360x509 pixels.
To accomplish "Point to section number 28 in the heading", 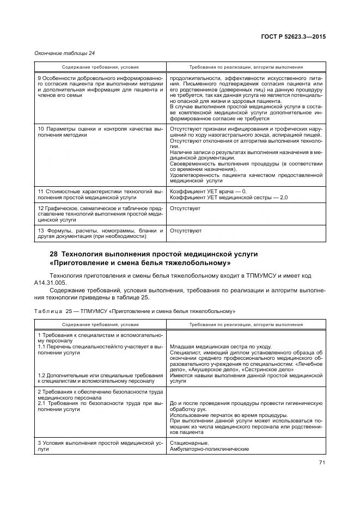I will (53, 254).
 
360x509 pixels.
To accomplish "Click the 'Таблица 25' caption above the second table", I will (54, 311).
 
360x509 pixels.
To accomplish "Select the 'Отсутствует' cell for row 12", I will (185, 208).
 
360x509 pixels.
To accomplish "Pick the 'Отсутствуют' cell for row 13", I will (186, 231).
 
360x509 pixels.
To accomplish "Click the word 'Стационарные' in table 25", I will (187, 443).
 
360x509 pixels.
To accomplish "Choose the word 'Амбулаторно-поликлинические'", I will (209, 449).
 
